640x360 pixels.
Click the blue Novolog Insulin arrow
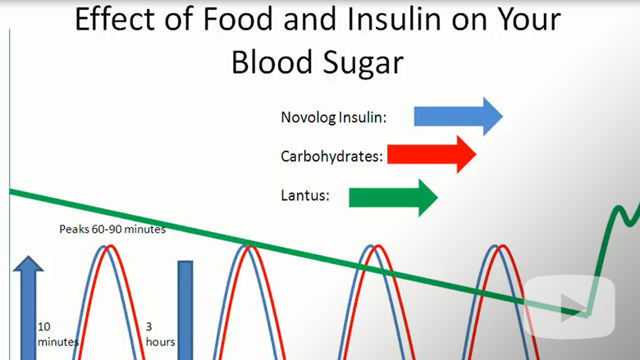point(458,116)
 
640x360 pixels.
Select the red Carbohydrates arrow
point(432,155)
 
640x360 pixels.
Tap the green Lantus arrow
point(394,198)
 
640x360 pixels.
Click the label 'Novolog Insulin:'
point(333,117)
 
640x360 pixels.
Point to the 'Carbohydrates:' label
point(331,156)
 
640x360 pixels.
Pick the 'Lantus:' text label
point(305,195)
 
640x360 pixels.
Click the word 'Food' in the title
point(238,19)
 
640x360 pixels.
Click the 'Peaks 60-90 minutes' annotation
point(112,229)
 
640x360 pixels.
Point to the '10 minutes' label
point(58,334)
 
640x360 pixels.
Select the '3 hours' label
point(160,334)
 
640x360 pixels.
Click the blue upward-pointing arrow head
point(28,263)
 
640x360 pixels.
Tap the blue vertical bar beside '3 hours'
point(185,310)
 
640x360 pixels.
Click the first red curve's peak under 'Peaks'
point(110,246)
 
